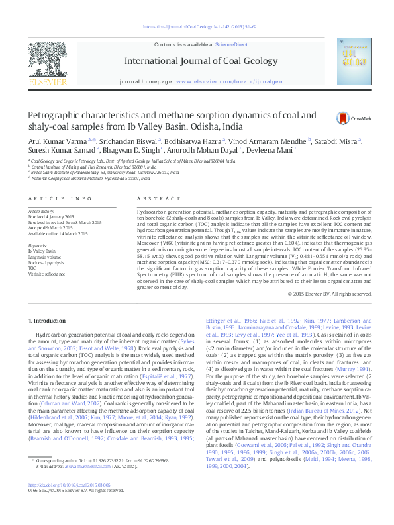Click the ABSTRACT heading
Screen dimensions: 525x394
150,199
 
